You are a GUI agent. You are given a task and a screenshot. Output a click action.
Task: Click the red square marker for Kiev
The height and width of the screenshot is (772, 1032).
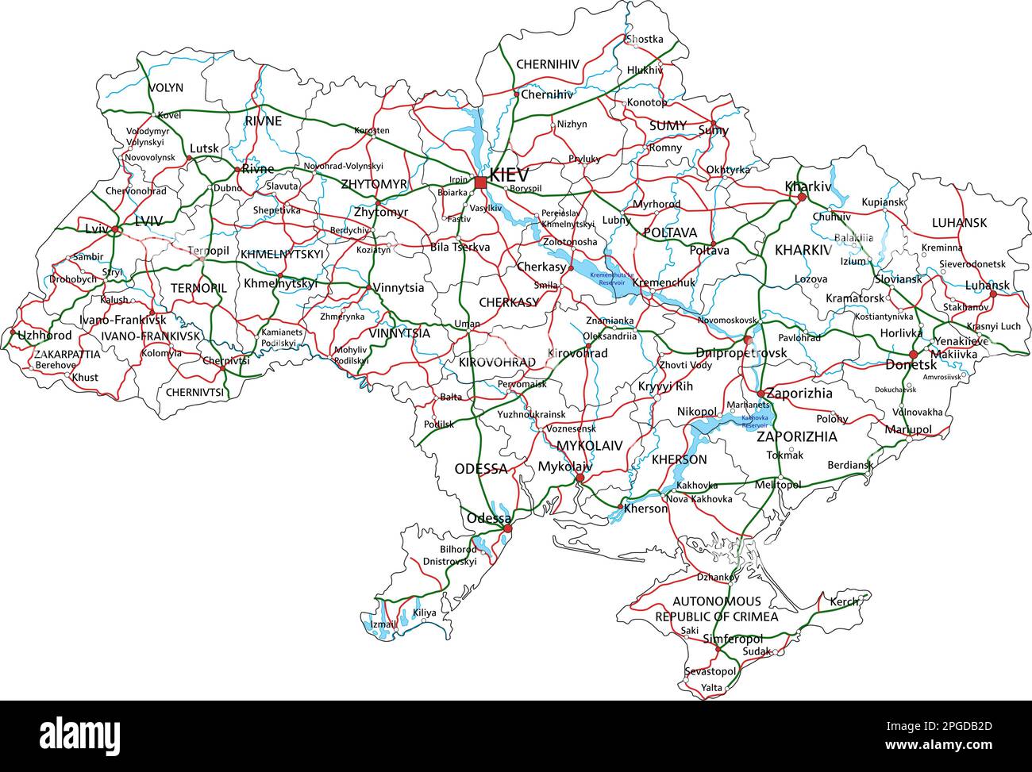click(x=481, y=183)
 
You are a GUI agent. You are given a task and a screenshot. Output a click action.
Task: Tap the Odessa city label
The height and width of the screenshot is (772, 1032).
click(x=488, y=518)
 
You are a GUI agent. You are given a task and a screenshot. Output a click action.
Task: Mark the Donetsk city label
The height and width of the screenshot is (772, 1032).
click(x=911, y=366)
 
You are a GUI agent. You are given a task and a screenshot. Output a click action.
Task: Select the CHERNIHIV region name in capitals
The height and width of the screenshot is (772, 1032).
click(x=548, y=64)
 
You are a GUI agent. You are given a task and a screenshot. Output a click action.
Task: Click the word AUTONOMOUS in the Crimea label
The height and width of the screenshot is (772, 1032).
click(x=717, y=601)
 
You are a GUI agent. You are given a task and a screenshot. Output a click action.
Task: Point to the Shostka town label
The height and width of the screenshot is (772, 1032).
click(x=644, y=39)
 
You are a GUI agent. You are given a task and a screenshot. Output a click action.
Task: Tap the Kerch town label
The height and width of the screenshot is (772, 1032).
click(x=844, y=602)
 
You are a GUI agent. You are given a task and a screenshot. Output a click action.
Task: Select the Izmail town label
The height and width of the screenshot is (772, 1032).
click(x=383, y=624)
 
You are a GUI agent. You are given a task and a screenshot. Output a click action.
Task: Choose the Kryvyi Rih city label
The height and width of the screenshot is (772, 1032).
click(x=665, y=386)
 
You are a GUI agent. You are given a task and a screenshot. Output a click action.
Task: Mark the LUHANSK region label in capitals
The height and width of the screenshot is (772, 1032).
click(x=959, y=223)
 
